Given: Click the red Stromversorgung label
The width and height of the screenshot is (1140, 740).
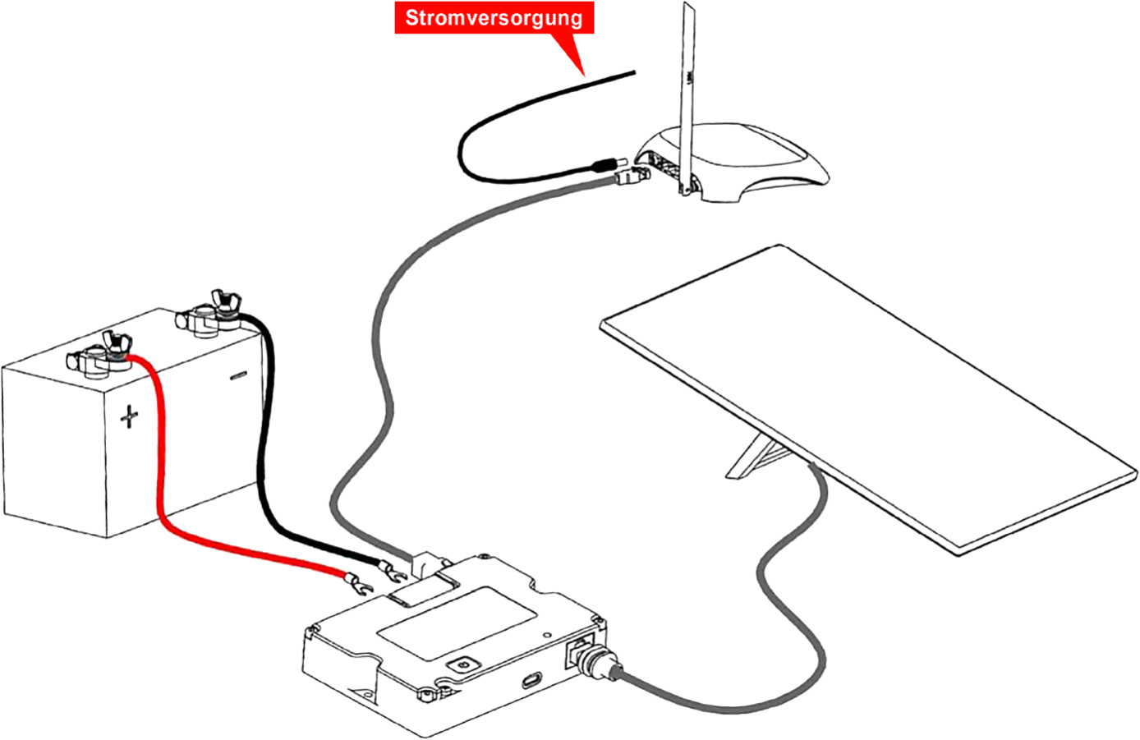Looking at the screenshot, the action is [494, 18].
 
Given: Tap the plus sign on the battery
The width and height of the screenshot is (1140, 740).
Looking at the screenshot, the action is [129, 416].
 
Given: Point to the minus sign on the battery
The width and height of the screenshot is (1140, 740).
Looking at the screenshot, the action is [238, 375].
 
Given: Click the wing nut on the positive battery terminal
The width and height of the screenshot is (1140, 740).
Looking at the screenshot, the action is [117, 345].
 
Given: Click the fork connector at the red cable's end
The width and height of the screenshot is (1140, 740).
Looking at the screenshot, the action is [359, 584].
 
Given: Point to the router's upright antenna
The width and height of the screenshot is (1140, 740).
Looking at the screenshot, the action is [688, 97].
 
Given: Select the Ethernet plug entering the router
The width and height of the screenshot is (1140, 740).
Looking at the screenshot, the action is [633, 177].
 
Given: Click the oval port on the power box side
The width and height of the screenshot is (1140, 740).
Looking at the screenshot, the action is [532, 679].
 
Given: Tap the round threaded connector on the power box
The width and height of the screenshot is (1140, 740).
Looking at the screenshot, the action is [600, 669].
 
